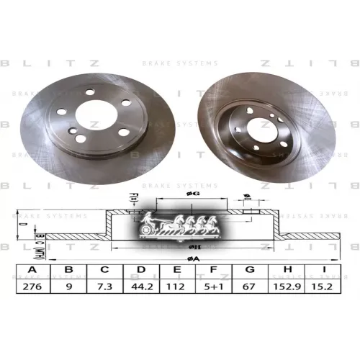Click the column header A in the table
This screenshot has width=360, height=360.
coord(32,271)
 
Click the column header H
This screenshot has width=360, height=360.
coord(289,271)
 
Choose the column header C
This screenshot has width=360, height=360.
coord(105,271)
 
